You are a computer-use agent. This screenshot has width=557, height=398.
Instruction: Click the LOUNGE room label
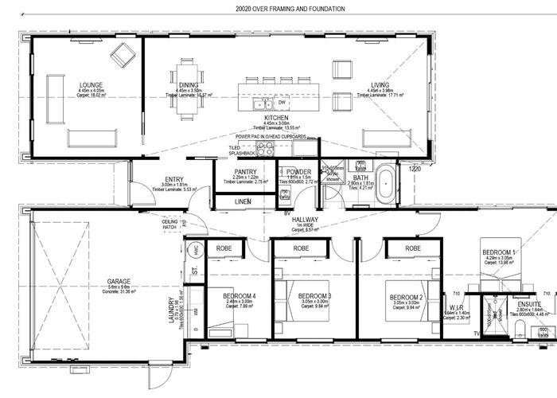91,84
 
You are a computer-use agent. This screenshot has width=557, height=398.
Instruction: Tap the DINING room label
188,84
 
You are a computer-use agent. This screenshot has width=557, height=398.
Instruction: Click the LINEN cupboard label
243,201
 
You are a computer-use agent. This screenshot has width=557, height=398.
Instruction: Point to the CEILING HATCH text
169,224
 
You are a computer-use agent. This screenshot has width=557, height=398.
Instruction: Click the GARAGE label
120,282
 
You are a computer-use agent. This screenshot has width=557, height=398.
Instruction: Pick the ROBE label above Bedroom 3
302,248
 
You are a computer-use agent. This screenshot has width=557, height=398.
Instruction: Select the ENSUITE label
528,305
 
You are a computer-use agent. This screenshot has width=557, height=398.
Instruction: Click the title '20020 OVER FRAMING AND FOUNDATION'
278,9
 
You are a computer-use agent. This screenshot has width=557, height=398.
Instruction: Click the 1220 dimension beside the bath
414,168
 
